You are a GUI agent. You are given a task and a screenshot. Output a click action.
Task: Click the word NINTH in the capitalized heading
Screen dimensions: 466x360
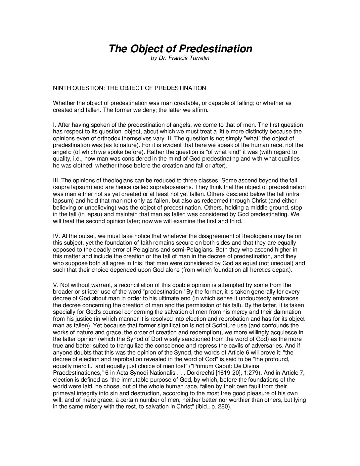62,88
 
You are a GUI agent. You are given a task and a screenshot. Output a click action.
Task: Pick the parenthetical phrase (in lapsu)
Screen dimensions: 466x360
85,214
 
